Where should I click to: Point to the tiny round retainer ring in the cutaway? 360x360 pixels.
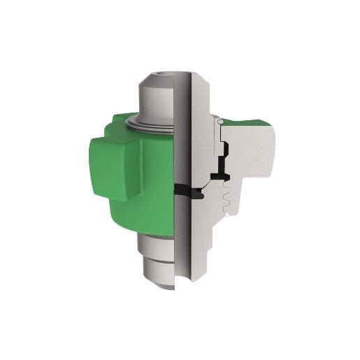[x=219, y=122]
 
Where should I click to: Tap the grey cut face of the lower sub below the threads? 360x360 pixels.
[x=206, y=238]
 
